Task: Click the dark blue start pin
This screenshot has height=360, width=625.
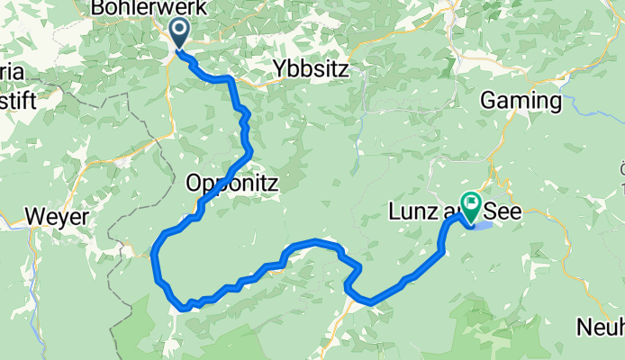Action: point(178,33)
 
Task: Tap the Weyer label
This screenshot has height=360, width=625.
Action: point(58,217)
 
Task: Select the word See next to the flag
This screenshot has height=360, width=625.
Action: point(502,213)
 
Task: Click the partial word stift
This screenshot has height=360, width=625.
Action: point(18,100)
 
